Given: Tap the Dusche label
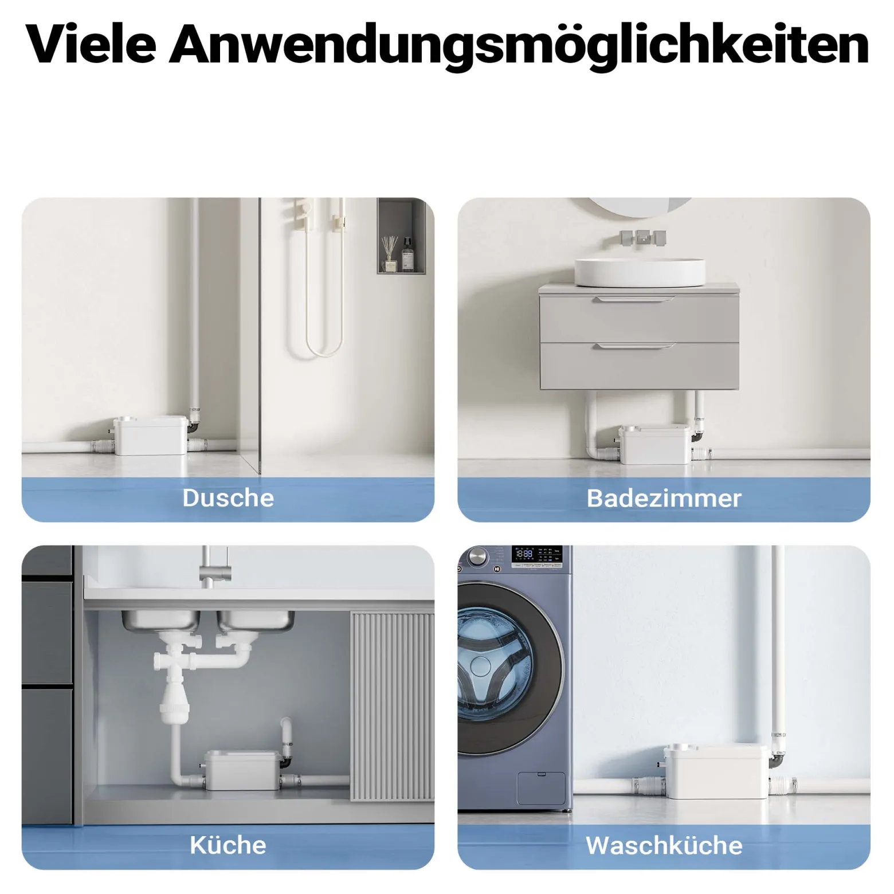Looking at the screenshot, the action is click(228, 497).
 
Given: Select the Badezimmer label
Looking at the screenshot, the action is click(664, 498).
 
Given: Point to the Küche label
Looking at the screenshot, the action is click(228, 845).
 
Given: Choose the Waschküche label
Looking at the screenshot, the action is click(664, 845).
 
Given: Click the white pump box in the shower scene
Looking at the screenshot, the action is click(151, 436).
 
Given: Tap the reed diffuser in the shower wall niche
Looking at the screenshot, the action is click(390, 253).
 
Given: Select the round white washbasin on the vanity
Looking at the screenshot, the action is click(640, 272).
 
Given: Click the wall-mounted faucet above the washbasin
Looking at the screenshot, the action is click(642, 238).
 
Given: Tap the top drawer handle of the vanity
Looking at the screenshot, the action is click(634, 299).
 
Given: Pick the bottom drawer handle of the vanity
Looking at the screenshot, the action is click(634, 346).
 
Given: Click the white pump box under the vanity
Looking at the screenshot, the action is click(655, 444).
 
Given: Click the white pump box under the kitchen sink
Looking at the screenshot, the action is click(242, 770).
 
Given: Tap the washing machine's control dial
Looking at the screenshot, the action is click(477, 556).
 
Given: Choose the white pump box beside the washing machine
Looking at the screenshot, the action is click(716, 771).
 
